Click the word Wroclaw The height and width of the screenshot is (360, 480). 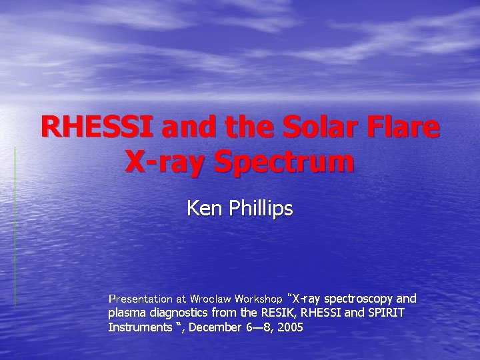point(210,298)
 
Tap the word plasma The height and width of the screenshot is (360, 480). point(126,313)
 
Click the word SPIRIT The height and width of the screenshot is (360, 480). point(385,313)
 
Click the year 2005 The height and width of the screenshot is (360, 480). point(289,327)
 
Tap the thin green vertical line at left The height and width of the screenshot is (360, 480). point(15,227)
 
